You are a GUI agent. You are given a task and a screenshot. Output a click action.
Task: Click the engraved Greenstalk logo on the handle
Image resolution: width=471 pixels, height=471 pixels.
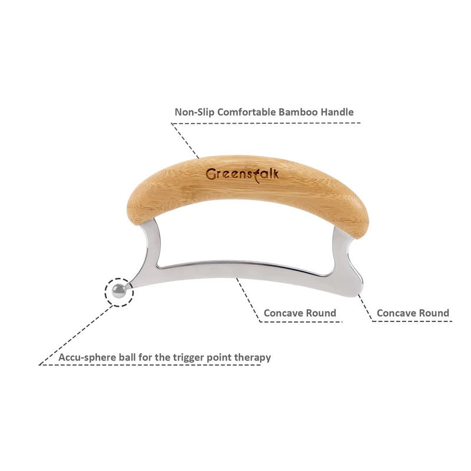coord(242,174)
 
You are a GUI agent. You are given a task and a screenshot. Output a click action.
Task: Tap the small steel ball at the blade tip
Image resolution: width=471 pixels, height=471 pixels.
coord(119,290)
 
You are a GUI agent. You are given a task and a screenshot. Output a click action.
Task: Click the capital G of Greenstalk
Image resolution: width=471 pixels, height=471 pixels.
coord(210,175)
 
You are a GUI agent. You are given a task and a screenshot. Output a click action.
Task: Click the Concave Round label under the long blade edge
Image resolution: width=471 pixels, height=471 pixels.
coord(300,313)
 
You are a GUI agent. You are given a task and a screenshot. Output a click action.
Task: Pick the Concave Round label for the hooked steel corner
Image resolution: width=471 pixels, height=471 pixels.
coord(413,313)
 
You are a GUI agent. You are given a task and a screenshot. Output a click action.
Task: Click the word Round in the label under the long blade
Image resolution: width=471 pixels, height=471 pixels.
coord(321,313)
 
